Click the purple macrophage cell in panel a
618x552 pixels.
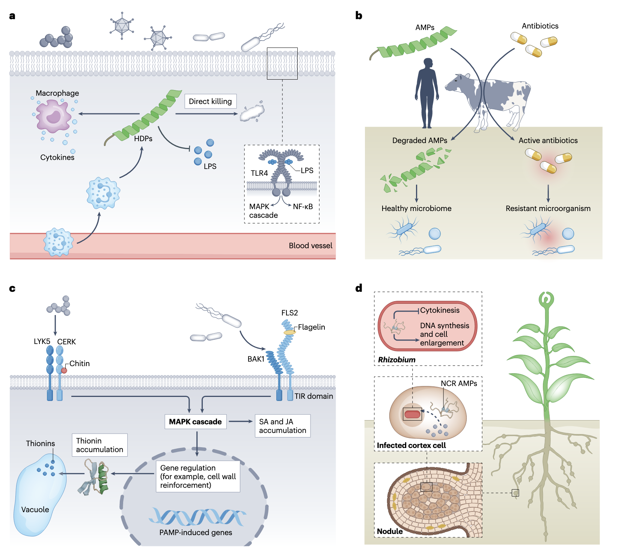point(54,116)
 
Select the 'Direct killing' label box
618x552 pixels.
point(210,101)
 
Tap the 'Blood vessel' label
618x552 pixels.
point(311,246)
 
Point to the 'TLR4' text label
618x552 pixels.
point(259,173)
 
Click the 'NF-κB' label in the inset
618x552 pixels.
point(303,207)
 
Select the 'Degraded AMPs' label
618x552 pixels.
point(419,140)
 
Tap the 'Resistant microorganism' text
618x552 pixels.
point(548,208)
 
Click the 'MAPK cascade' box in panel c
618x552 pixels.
point(195,422)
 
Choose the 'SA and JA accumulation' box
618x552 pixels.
point(282,426)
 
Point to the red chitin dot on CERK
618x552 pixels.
point(64,371)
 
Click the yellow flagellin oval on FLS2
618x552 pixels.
point(289,332)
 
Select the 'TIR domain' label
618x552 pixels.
point(314,396)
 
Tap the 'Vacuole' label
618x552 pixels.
point(35,510)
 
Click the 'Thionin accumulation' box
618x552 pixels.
point(99,445)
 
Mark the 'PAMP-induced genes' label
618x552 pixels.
point(196,532)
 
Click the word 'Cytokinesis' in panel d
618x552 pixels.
point(440,310)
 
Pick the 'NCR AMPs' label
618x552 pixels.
point(459,383)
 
